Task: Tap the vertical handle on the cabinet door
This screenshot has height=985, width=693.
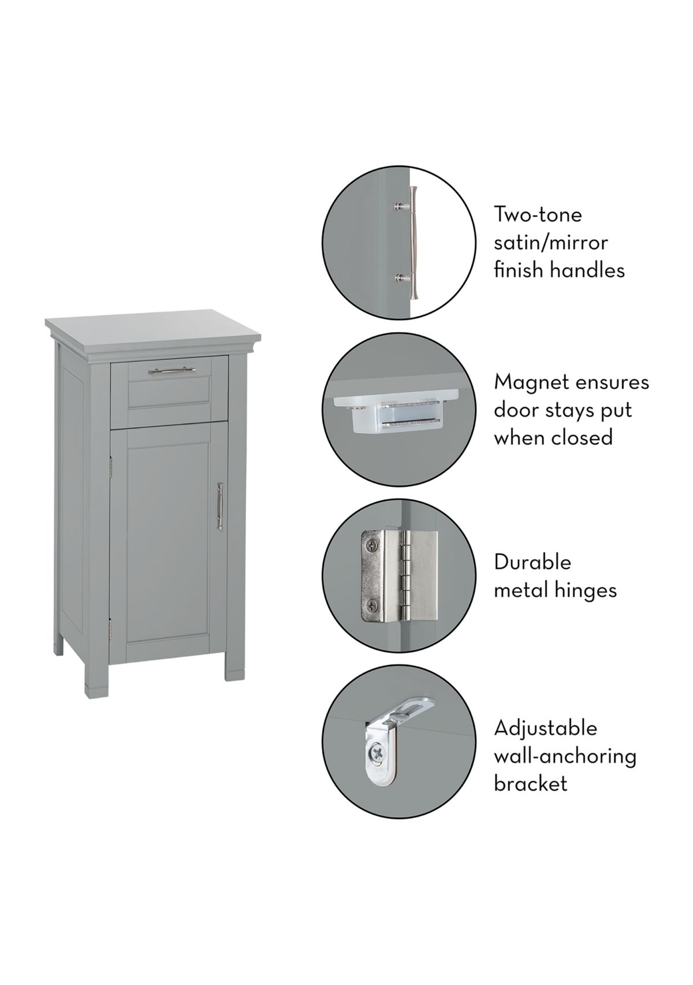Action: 220,505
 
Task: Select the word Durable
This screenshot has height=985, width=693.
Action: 532,563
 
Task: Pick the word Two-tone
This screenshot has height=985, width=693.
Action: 538,215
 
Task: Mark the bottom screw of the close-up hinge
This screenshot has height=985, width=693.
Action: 372,606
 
